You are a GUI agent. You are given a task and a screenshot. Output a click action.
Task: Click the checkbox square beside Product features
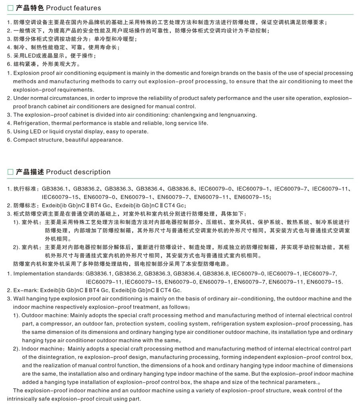[x=10, y=8]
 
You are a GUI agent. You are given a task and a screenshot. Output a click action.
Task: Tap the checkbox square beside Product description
[x=10, y=172]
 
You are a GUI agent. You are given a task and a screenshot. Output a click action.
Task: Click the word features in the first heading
[x=88, y=8]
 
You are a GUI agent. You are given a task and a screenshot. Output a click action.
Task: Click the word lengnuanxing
[x=238, y=115]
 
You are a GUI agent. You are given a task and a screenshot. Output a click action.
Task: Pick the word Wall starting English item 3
[x=20, y=299]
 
